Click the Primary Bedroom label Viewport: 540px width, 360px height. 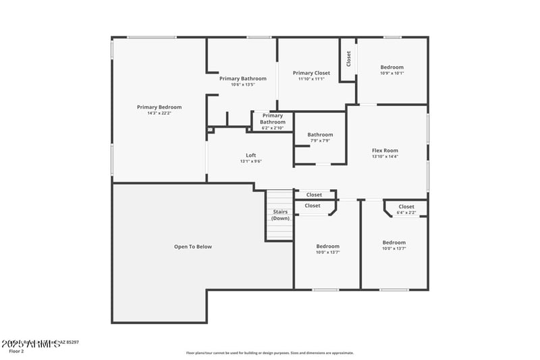pyautogui.click(x=159, y=107)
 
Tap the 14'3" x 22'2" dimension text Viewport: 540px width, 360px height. pyautogui.click(x=159, y=113)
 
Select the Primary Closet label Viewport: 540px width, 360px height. pyautogui.click(x=311, y=72)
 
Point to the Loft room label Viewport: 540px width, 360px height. pyautogui.click(x=250, y=155)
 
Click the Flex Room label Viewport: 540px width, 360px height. pyautogui.click(x=385, y=151)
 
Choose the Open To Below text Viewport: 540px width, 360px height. pyautogui.click(x=193, y=247)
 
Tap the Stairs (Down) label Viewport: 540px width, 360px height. pyautogui.click(x=280, y=215)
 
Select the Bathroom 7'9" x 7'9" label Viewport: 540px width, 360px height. pyautogui.click(x=320, y=134)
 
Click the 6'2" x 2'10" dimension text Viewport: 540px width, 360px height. pyautogui.click(x=273, y=128)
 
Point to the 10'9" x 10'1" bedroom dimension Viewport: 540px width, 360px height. pyautogui.click(x=391, y=73)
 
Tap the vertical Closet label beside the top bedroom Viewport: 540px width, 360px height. pyautogui.click(x=348, y=59)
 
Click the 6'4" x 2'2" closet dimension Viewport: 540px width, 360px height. pyautogui.click(x=406, y=213)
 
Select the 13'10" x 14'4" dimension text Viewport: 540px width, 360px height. pyautogui.click(x=385, y=157)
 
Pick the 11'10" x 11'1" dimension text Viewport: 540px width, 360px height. pyautogui.click(x=311, y=78)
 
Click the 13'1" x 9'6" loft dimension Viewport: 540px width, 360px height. pyautogui.click(x=250, y=161)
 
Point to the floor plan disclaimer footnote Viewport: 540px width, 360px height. pyautogui.click(x=269, y=353)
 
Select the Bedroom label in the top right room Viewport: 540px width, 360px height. pyautogui.click(x=391, y=67)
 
